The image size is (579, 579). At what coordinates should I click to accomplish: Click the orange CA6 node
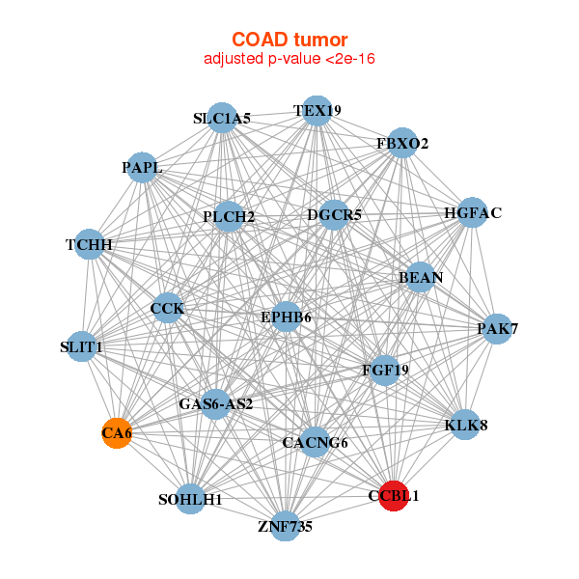[x=117, y=433]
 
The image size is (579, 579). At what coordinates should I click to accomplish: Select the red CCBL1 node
[x=394, y=496]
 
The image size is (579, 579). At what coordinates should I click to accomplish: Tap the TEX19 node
[x=317, y=111]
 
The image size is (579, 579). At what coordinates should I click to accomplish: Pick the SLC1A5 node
[x=222, y=118]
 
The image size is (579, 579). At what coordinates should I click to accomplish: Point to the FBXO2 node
[x=402, y=143]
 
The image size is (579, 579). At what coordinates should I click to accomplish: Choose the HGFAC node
[x=472, y=212]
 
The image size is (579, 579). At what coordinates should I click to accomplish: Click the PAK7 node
[x=497, y=329]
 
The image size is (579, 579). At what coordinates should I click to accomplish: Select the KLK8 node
[x=466, y=425]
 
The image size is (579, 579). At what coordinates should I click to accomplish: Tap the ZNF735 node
[x=286, y=526]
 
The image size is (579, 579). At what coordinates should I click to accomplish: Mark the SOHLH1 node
[x=190, y=499]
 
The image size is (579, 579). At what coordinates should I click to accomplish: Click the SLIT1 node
[x=82, y=346]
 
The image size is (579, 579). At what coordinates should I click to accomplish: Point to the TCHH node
[x=90, y=244]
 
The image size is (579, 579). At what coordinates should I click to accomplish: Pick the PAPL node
[x=142, y=167]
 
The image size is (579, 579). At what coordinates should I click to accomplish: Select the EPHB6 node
[x=287, y=317]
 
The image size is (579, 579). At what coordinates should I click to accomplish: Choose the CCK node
[x=168, y=308]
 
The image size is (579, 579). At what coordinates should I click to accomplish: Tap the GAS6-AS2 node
[x=215, y=404]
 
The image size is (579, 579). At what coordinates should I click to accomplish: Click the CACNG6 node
[x=315, y=442]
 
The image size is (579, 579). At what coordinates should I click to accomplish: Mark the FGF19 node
[x=385, y=370]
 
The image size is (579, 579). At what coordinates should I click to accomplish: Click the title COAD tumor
[x=289, y=40]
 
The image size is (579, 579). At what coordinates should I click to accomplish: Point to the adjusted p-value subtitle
[x=289, y=59]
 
